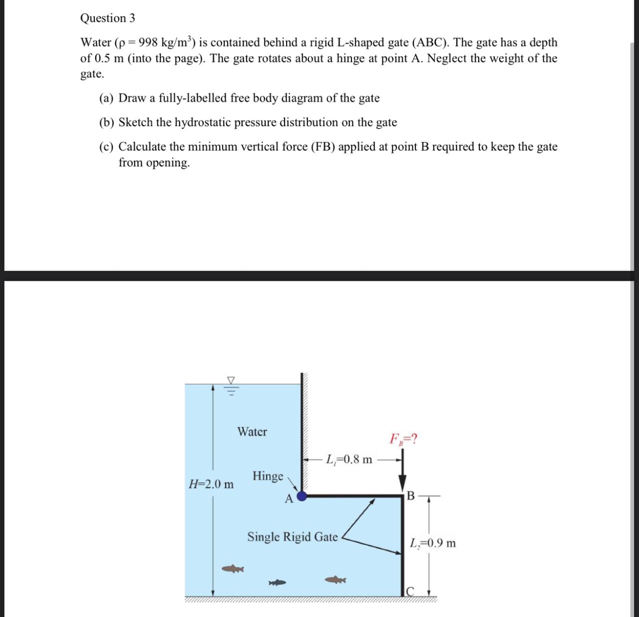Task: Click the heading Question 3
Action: coord(107,18)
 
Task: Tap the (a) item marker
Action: coord(106,98)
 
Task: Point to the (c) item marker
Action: coord(106,147)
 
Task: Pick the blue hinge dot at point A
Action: coord(302,496)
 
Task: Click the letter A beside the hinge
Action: coord(289,499)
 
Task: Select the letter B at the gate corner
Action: coord(410,496)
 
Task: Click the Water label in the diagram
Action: coord(252,432)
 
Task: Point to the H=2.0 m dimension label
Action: coord(211,484)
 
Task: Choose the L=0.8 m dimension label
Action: coord(349,459)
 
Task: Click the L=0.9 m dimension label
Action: coord(433,543)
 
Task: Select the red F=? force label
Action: coord(404,439)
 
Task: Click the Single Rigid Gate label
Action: coord(293,537)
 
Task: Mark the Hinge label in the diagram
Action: coord(268,476)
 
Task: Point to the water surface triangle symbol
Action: coord(231,380)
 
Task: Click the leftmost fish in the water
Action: coord(232,569)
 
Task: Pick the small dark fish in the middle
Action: coord(278,582)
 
